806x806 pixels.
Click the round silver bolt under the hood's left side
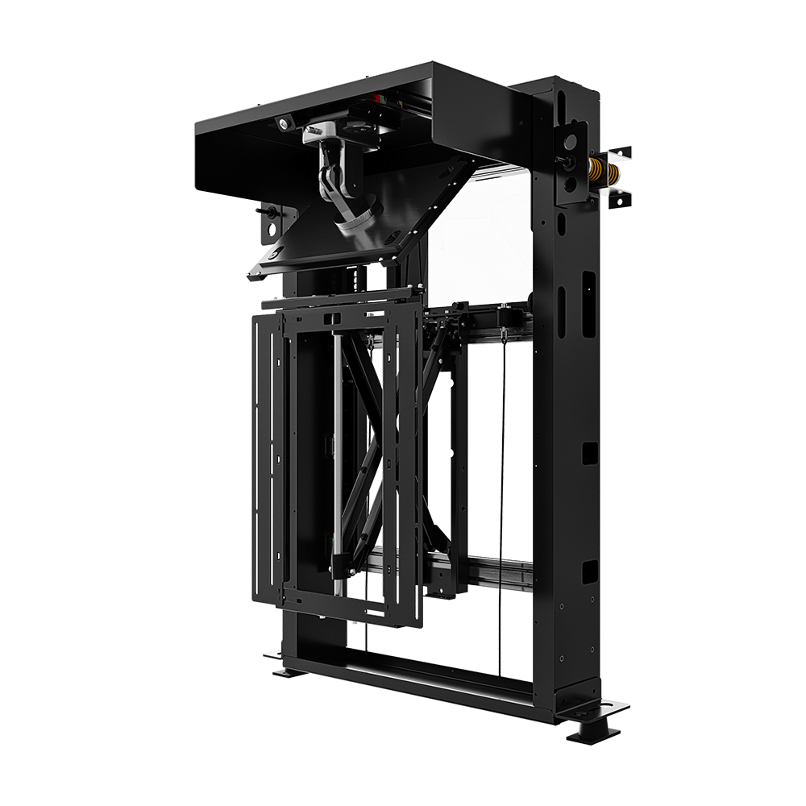pos(284,123)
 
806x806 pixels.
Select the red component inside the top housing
pos(376,98)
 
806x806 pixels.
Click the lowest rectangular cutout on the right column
pos(589,571)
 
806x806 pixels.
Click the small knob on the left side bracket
pos(267,213)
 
